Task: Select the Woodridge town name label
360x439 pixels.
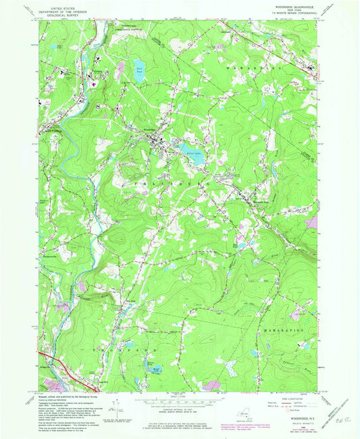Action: click(x=149, y=129)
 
